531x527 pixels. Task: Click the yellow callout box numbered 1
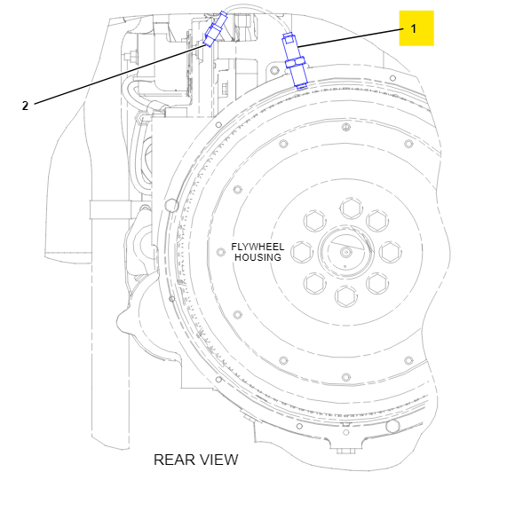coord(416,28)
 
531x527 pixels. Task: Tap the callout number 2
coord(25,106)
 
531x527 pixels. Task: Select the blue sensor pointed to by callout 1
coord(294,61)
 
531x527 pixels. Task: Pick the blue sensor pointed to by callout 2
coord(215,29)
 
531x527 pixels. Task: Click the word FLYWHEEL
coord(258,247)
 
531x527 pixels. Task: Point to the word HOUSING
coord(258,257)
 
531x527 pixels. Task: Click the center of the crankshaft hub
coord(345,252)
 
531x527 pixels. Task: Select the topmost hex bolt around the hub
coord(352,208)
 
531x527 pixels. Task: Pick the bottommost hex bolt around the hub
coord(346,296)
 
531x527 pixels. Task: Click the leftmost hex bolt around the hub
coord(302,252)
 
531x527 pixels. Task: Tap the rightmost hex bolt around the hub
coord(391,252)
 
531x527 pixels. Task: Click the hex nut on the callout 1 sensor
coord(295,62)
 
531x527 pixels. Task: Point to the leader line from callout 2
coord(120,73)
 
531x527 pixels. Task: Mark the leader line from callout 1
coord(351,38)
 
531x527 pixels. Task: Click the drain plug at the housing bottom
coord(345,450)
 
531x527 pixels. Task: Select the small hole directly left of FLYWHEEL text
coord(221,252)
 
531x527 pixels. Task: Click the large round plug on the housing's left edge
coord(171,205)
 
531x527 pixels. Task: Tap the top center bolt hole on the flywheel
coord(345,128)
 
